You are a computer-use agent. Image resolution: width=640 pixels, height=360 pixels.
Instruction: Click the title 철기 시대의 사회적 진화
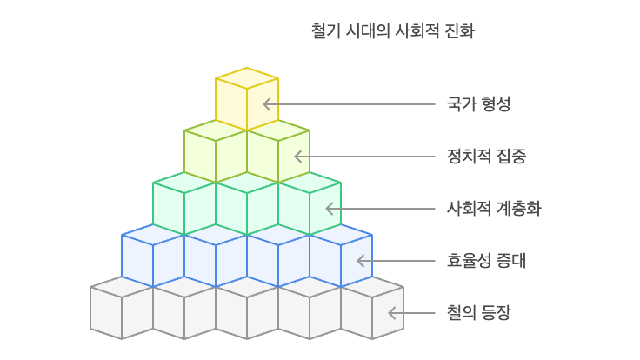tap(392, 31)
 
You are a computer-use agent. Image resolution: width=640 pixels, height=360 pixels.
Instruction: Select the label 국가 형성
tap(478, 104)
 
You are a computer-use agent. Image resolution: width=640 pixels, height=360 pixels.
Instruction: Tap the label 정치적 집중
tap(486, 157)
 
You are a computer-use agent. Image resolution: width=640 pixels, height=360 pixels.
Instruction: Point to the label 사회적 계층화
tap(494, 209)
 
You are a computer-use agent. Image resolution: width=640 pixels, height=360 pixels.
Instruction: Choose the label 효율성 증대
tap(486, 261)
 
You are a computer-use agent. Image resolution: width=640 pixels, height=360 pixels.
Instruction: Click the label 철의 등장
tap(478, 313)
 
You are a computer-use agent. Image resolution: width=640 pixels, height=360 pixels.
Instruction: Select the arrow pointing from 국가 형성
tap(348, 104)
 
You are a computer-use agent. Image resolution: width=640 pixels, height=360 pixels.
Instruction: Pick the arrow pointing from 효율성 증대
tap(395, 261)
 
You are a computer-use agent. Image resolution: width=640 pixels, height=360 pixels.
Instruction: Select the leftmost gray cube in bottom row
tap(122, 308)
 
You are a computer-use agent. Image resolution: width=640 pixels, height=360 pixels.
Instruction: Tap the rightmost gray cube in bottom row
tap(372, 308)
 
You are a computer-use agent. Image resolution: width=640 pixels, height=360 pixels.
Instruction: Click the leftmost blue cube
tap(153, 256)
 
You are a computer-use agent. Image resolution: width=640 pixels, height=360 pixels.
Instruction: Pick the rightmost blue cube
tap(341, 256)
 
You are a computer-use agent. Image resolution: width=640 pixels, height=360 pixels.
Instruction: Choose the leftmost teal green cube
tap(184, 203)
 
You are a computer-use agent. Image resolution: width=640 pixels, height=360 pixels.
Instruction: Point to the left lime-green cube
tap(216, 151)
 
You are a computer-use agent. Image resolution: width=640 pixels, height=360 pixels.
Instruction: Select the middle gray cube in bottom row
tap(247, 308)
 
